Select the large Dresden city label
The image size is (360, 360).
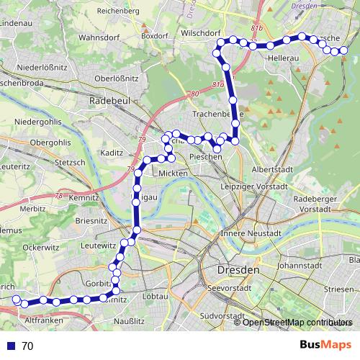click(x=238, y=270)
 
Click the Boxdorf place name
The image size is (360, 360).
click(x=155, y=35)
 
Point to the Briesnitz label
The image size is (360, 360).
click(x=91, y=221)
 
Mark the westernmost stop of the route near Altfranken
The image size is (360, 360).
click(x=16, y=302)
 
